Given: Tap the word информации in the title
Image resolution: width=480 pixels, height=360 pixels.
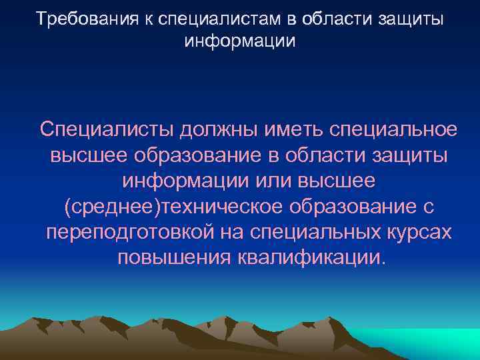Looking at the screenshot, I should pyautogui.click(x=239, y=41).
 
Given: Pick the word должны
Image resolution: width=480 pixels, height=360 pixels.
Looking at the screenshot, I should pyautogui.click(x=219, y=128).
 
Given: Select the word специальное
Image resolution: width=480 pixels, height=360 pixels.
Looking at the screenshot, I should pyautogui.click(x=398, y=128).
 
